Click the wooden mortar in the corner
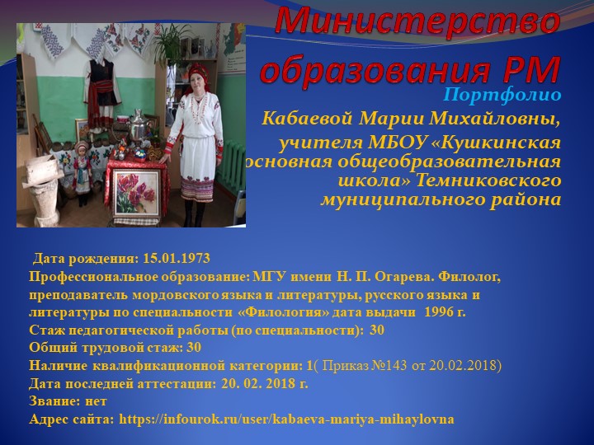pyautogui.click(x=37, y=193)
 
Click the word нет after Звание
pyautogui.click(x=97, y=402)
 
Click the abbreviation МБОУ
pyautogui.click(x=382, y=143)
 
